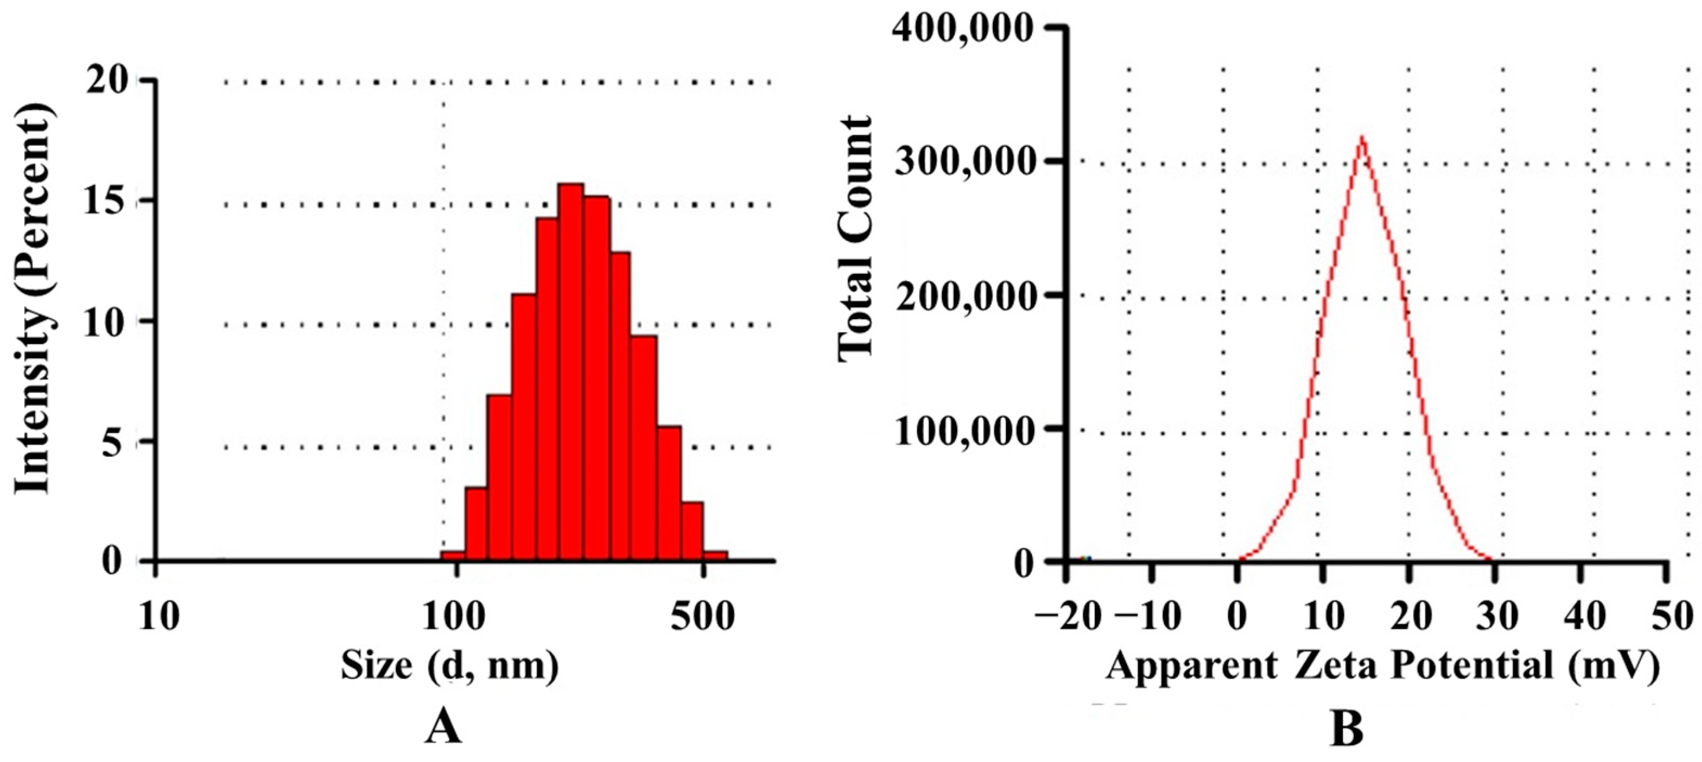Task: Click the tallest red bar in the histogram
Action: click(570, 370)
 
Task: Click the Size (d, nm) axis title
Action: click(449, 666)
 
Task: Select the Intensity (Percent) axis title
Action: click(33, 301)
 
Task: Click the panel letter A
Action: click(443, 729)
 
